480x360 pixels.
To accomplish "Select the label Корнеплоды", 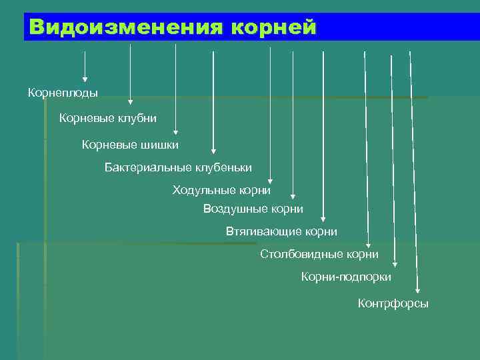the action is (x=63, y=93).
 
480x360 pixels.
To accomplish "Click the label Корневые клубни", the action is (x=108, y=118).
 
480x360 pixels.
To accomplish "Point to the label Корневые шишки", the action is (x=130, y=143).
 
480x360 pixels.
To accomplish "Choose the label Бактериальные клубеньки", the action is (x=178, y=166).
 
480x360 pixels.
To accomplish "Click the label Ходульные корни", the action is (x=221, y=190).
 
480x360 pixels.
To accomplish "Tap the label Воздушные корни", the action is (x=253, y=209).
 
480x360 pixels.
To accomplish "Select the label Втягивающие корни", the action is (x=281, y=231).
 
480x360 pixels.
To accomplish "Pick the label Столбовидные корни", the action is (x=319, y=254).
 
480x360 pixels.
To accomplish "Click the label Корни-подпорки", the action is (x=346, y=276).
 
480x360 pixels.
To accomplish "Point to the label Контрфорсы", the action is (x=393, y=304).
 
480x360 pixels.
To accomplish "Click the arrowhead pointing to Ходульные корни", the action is (x=271, y=179).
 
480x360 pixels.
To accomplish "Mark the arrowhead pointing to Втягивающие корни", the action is (x=323, y=217).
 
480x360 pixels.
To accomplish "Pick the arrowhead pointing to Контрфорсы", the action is (x=418, y=289).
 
